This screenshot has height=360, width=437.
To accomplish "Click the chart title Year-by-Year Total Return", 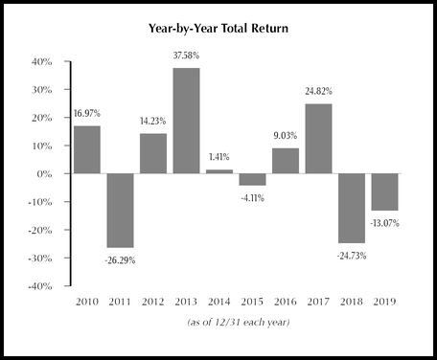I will (x=218, y=29).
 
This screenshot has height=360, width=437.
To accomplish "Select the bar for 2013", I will (x=187, y=121).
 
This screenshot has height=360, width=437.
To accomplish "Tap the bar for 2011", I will (x=121, y=211).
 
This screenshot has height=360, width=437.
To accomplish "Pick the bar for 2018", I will (x=353, y=209).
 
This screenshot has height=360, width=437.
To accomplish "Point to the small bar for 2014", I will (x=219, y=171).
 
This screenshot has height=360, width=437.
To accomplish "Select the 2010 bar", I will (x=87, y=149).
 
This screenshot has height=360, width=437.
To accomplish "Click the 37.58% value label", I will (x=187, y=56).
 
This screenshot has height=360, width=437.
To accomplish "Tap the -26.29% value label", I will (x=120, y=258).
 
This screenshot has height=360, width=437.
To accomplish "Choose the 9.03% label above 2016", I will (x=287, y=137).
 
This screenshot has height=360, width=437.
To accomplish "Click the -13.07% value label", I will (x=386, y=222).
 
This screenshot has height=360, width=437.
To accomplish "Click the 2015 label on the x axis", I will (x=253, y=301).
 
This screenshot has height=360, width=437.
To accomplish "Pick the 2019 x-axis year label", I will (x=386, y=301).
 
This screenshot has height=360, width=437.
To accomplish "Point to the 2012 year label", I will (x=153, y=301).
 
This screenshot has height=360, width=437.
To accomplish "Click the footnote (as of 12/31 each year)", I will (x=236, y=324).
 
